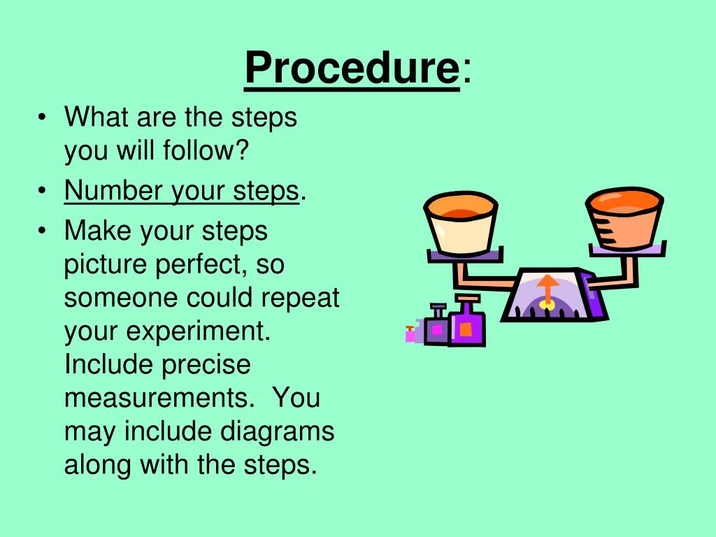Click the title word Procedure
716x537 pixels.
351,69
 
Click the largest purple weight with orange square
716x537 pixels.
467,324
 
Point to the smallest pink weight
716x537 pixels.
410,334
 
